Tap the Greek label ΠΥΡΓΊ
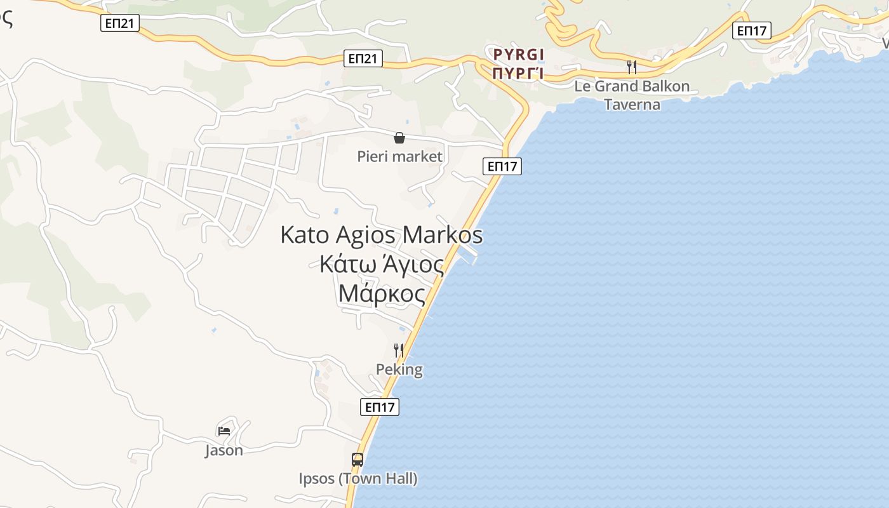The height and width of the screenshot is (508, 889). [519, 72]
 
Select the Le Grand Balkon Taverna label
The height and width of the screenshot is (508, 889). [632, 95]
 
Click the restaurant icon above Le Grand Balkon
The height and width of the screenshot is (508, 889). [632, 67]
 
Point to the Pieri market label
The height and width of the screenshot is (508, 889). [399, 156]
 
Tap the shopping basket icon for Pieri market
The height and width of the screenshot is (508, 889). [399, 138]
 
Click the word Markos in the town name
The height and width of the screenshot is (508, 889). [443, 235]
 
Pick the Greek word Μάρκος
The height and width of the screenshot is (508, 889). [382, 293]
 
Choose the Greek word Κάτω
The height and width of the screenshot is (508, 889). [347, 264]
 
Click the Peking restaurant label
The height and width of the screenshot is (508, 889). [399, 370]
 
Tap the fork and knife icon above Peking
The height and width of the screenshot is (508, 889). [399, 349]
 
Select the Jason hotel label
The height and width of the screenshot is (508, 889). [224, 450]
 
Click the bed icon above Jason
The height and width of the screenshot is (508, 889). [224, 431]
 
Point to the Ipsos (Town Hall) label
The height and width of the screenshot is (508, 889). [358, 478]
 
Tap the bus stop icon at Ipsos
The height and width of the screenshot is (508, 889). [358, 459]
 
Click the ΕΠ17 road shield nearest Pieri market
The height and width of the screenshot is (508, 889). [502, 166]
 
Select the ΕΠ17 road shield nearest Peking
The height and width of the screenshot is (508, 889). [380, 407]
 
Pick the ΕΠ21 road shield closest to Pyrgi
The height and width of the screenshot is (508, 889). [363, 58]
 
